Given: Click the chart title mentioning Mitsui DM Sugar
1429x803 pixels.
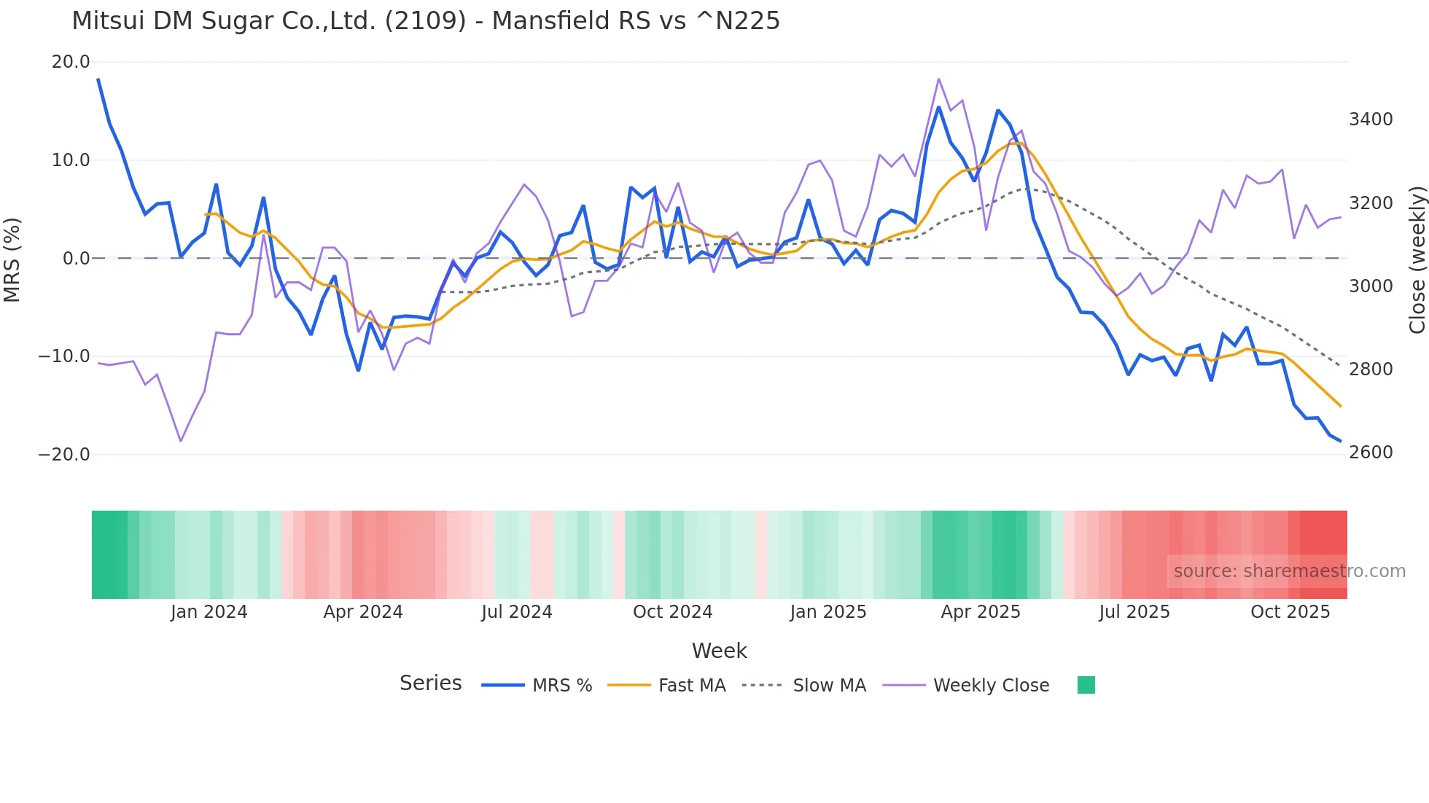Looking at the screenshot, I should (425, 20).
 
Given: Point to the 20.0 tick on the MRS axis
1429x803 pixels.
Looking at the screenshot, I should (71, 62).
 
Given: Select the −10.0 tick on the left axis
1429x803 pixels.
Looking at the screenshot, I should (64, 356).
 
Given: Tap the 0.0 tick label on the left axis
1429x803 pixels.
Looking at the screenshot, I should (76, 258).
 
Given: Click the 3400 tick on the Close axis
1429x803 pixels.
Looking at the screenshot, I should (1371, 120).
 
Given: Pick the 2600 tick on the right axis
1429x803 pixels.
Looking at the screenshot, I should (1371, 453).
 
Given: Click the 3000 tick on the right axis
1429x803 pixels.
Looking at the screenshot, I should (1371, 286).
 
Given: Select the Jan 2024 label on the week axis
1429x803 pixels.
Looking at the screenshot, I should (209, 612).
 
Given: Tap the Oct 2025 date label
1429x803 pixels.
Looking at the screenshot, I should (1290, 612).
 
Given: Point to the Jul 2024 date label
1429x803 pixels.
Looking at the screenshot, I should (516, 612).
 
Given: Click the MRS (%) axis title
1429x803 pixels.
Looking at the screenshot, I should (12, 259).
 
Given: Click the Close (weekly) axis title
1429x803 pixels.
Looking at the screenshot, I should (1417, 259).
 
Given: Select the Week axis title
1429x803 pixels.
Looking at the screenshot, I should (719, 651).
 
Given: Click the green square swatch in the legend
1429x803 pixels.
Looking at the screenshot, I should (1086, 685).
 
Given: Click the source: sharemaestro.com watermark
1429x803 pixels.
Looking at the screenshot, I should (1289, 571).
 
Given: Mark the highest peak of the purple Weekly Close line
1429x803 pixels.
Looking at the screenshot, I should (938, 79).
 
